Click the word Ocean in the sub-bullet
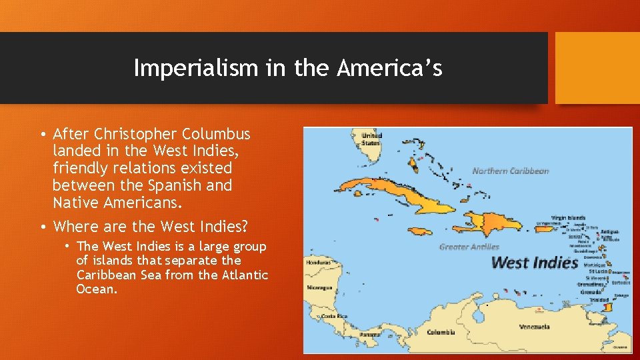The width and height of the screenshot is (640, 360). point(95,289)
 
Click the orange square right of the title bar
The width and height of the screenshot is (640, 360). point(597,68)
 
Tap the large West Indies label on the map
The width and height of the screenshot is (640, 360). point(534,262)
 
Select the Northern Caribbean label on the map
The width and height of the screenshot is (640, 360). point(511,171)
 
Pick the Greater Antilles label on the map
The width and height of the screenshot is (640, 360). point(469,247)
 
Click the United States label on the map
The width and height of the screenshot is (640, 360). point(371,139)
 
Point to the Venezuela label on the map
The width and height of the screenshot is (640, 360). point(534,327)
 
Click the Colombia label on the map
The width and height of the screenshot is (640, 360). point(441,331)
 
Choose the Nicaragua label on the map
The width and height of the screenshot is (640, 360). point(319,288)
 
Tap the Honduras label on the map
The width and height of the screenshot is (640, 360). point(318,262)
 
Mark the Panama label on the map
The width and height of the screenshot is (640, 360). point(370,333)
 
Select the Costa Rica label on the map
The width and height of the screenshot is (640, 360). point(333,316)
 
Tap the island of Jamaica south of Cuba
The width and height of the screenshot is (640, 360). point(413,230)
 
